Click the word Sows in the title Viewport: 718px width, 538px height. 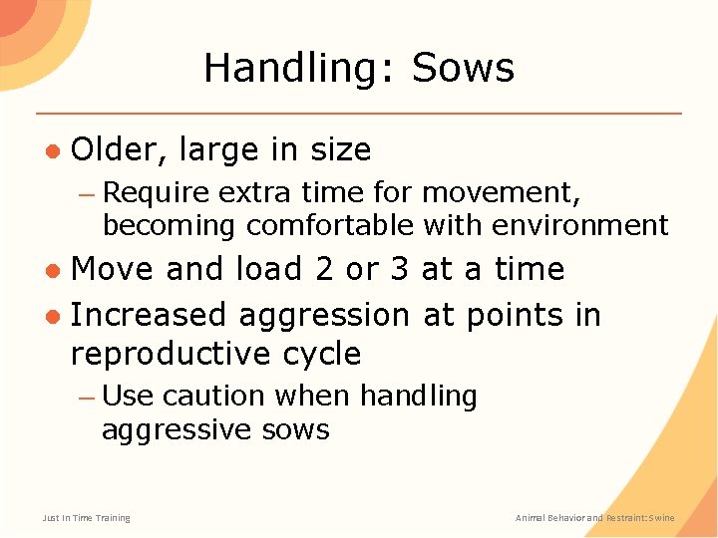pos(463,68)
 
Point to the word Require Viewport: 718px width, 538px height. pos(157,190)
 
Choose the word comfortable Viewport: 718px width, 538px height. pos(329,225)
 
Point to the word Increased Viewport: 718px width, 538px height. pos(150,315)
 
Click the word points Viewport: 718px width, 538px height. pos(517,315)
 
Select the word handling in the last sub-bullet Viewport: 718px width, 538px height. pos(418,396)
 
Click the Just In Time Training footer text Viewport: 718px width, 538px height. pos(86,518)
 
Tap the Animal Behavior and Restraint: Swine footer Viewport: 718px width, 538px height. pos(594,518)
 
